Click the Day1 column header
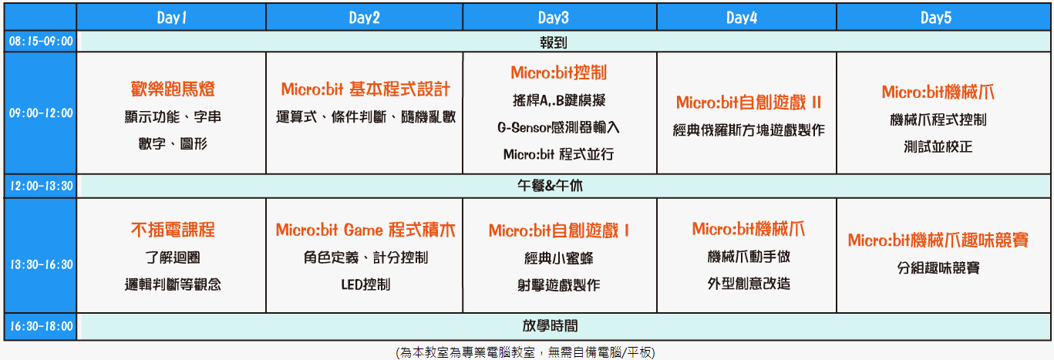pyautogui.click(x=172, y=18)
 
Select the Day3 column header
pyautogui.click(x=554, y=18)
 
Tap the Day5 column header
pyautogui.click(x=936, y=18)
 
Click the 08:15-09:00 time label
pyautogui.click(x=41, y=42)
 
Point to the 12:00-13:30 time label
pyautogui.click(x=41, y=186)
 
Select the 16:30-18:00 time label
pyautogui.click(x=41, y=326)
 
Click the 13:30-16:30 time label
pyautogui.click(x=41, y=264)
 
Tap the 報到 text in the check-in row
pyautogui.click(x=554, y=43)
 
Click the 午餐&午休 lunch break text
pyautogui.click(x=550, y=186)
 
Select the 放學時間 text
pyautogui.click(x=550, y=325)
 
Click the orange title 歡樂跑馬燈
pyautogui.click(x=173, y=89)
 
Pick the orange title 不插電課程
pyautogui.click(x=173, y=230)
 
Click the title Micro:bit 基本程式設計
pyautogui.click(x=365, y=89)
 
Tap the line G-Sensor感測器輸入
pyautogui.click(x=558, y=127)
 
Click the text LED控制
pyautogui.click(x=365, y=284)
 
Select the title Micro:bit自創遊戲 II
pyautogui.click(x=749, y=103)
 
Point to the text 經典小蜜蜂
pyautogui.click(x=558, y=258)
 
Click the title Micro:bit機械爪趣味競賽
pyautogui.click(x=938, y=240)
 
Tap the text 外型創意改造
pyautogui.click(x=749, y=283)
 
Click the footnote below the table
pyautogui.click(x=526, y=352)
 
